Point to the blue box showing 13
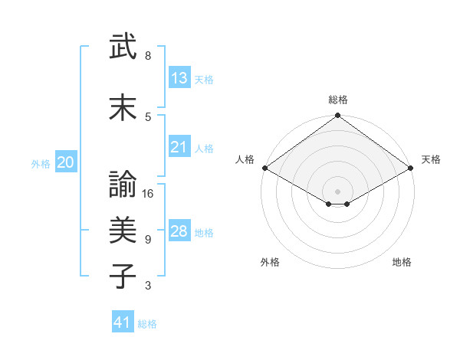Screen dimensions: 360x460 [x=179, y=78]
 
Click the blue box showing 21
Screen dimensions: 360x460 [x=179, y=147]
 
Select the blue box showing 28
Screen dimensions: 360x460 [x=179, y=231]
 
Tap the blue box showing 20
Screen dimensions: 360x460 [x=66, y=162]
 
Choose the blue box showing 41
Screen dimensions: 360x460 [x=123, y=322]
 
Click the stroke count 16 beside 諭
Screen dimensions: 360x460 [x=149, y=194]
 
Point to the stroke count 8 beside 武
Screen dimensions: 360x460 [x=148, y=56]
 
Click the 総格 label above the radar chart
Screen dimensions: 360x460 [x=337, y=100]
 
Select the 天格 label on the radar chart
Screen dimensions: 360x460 [x=431, y=159]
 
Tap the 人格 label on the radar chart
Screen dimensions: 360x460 [x=245, y=159]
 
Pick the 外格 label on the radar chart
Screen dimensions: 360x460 [x=270, y=262]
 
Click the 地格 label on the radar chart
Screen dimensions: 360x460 [x=402, y=262]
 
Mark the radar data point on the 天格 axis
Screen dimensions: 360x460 [x=411, y=168]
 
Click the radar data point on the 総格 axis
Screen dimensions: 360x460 [x=337, y=116]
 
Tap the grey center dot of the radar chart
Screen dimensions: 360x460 [x=337, y=190]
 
